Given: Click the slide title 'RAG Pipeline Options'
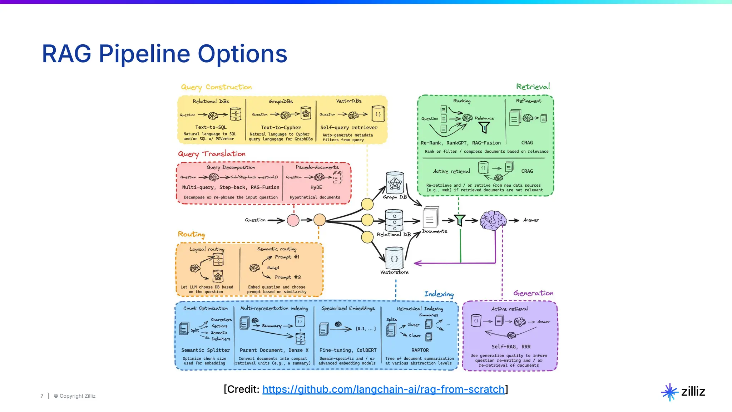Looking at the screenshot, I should (x=164, y=54).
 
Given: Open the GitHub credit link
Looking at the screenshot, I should (x=383, y=389).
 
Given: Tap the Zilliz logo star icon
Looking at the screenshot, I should (x=669, y=392).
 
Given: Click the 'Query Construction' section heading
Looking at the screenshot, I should (x=216, y=87).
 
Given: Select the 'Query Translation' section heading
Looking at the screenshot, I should (x=212, y=154).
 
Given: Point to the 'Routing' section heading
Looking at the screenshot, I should (x=192, y=234).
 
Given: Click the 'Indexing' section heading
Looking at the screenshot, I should (x=439, y=294).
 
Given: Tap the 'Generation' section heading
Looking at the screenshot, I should (x=533, y=293).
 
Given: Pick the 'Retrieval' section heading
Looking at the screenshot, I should (x=533, y=87).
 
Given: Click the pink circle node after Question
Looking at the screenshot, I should (x=293, y=220).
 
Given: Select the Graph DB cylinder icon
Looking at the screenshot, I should (x=395, y=183).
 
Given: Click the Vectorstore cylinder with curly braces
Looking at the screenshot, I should (x=394, y=258).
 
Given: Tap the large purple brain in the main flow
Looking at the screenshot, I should (x=493, y=220).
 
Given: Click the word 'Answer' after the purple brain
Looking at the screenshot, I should (x=531, y=220).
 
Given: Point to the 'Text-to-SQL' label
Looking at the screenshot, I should (x=211, y=127).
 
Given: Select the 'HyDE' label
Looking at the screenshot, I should (x=316, y=187).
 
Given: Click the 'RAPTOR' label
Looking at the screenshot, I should (x=420, y=350).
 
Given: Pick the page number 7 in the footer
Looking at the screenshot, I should (x=42, y=396).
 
